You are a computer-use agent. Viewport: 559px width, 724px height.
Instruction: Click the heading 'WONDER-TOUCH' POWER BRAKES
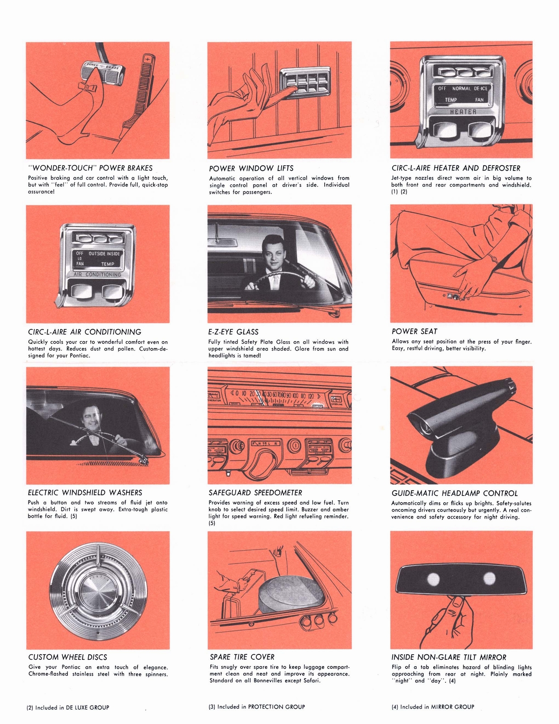[90, 168]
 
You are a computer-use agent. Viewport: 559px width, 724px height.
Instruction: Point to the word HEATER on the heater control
[463, 111]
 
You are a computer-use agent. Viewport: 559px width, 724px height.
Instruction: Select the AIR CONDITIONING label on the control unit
[98, 275]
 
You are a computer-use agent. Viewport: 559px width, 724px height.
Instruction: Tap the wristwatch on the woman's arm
[494, 259]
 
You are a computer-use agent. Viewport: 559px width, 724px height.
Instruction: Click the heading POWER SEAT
[414, 331]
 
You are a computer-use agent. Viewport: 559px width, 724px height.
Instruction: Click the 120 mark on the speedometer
[311, 395]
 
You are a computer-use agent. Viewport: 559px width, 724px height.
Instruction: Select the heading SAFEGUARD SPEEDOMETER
[255, 492]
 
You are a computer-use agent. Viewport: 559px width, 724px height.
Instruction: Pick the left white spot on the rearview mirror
[433, 578]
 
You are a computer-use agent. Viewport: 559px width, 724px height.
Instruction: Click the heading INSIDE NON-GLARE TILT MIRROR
[449, 657]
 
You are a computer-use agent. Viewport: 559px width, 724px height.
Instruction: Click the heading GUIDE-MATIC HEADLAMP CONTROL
[455, 493]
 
